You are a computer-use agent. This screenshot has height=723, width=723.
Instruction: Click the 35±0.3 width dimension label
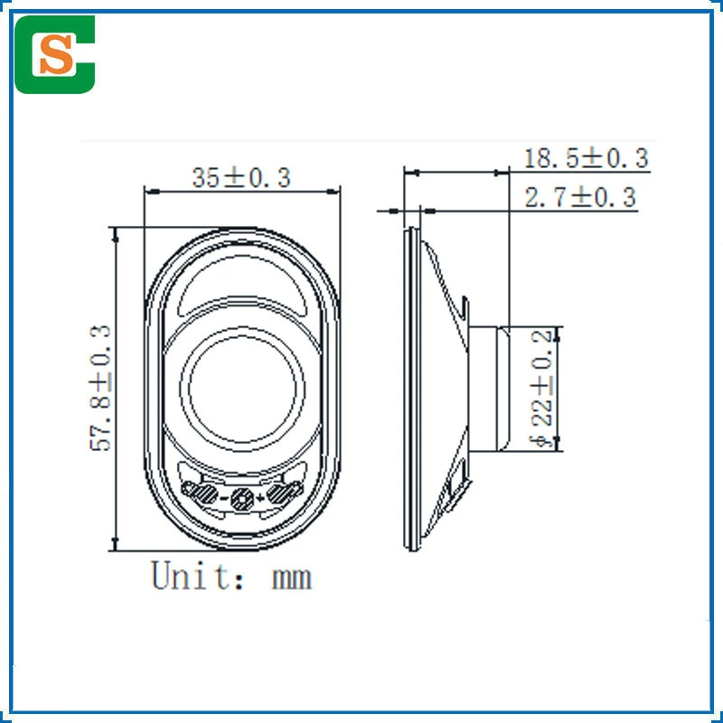[241, 177]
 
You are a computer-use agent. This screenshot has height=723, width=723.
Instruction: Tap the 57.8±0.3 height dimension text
[100, 388]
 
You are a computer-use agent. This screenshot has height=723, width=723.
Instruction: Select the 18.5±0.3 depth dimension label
[587, 158]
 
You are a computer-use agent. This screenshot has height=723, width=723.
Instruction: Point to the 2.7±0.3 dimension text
[580, 197]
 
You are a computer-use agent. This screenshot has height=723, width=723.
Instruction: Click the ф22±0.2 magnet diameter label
[541, 389]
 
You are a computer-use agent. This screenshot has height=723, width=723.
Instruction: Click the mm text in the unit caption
[291, 578]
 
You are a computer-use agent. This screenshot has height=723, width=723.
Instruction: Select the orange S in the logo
[56, 54]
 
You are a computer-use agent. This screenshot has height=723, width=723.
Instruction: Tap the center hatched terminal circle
[242, 499]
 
